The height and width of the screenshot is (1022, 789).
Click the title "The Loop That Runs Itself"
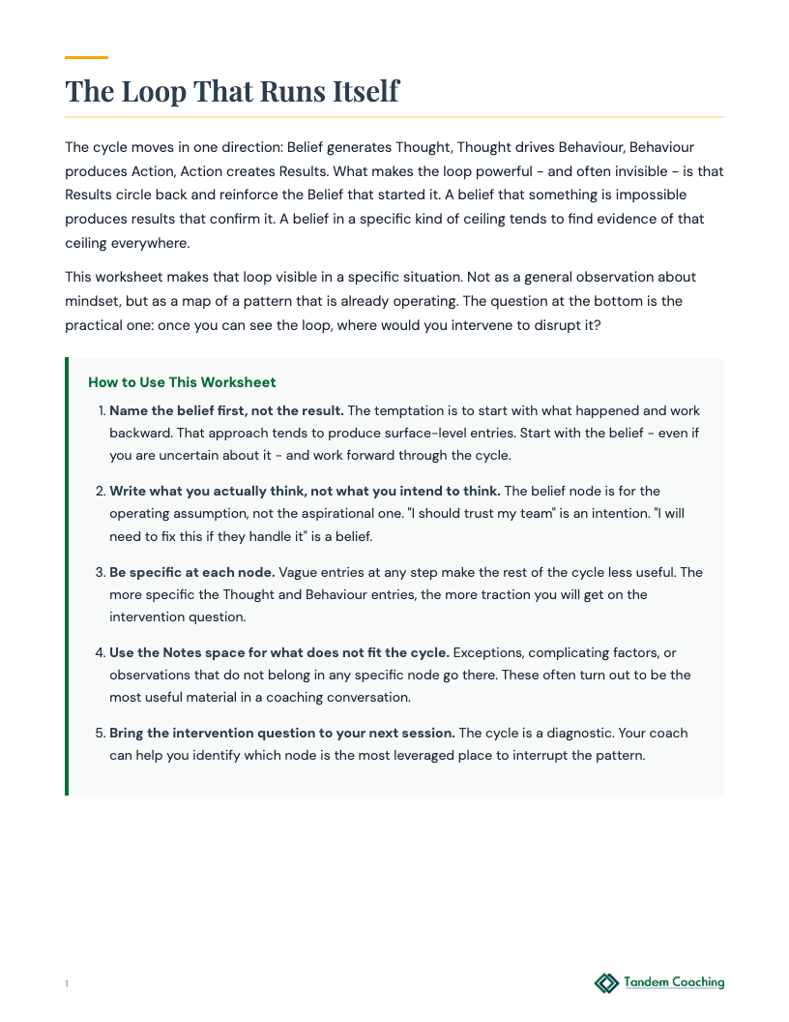coord(232,91)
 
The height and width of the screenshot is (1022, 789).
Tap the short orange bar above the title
coord(86,57)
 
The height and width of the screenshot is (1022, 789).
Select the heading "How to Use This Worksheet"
coord(182,382)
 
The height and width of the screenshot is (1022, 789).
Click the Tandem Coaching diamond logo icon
coord(606,983)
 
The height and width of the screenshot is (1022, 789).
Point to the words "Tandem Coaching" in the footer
coord(674,982)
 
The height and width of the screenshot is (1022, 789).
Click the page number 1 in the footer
coord(67,984)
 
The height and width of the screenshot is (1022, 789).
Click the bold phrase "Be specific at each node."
coord(192,572)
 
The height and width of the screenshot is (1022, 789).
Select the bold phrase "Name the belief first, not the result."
coord(226,410)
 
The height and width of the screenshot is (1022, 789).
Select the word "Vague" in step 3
coord(299,572)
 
